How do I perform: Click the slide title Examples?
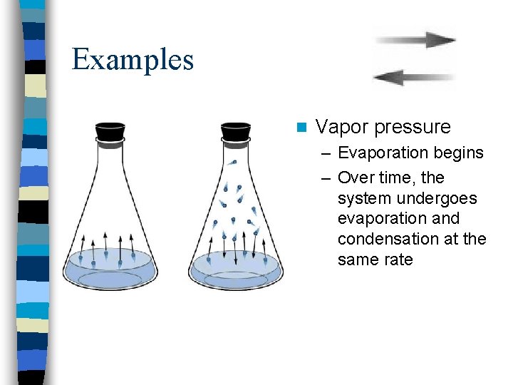[x=133, y=59]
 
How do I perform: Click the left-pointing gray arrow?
[x=414, y=77]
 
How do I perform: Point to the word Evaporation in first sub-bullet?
[x=382, y=153]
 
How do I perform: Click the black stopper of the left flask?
[x=110, y=132]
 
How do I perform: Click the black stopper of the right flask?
[x=235, y=132]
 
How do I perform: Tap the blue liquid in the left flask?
[x=110, y=271]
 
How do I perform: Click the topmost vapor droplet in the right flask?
[x=232, y=163]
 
